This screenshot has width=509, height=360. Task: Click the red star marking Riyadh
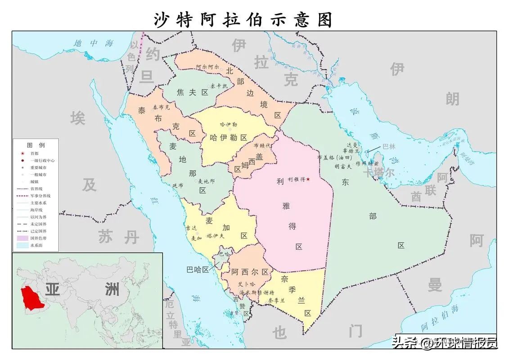(308, 180)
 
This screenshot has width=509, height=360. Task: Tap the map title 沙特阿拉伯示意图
(243, 19)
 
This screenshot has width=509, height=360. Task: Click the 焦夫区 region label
(193, 93)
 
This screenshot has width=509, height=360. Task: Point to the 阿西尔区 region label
(250, 272)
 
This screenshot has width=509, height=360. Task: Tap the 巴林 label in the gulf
(388, 146)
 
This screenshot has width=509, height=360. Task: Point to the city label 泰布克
(162, 108)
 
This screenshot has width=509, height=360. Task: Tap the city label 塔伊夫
(215, 235)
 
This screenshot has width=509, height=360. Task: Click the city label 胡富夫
(343, 166)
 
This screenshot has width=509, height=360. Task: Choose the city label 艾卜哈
(246, 284)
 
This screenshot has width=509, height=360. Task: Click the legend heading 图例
(36, 145)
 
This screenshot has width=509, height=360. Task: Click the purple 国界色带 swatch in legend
(22, 238)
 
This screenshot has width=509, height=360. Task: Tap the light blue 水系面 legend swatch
(22, 245)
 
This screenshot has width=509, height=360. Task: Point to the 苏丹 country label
(118, 237)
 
